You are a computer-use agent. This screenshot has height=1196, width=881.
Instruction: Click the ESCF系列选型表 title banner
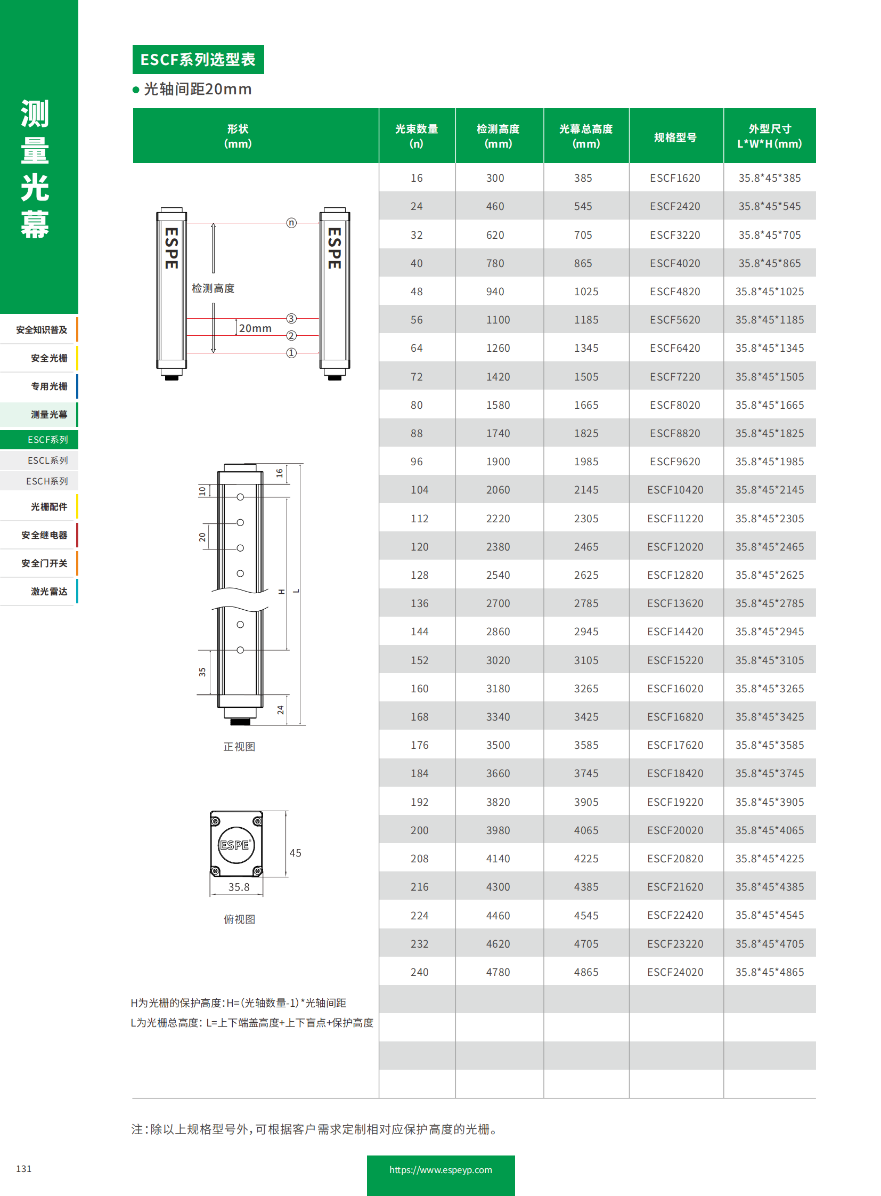(x=198, y=59)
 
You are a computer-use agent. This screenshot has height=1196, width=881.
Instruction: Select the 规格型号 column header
(x=675, y=137)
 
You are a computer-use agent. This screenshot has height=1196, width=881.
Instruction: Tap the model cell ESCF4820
(x=675, y=292)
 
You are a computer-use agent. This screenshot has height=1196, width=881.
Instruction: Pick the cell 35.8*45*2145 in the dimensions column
(x=769, y=489)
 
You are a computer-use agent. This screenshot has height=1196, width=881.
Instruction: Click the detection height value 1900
(x=497, y=461)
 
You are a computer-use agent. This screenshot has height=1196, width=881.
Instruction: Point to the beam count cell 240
(x=419, y=972)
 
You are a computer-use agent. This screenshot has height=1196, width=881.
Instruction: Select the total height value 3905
(x=585, y=802)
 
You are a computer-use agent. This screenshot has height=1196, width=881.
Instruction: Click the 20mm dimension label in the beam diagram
(x=255, y=328)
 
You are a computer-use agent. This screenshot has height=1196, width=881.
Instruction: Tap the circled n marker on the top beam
(x=291, y=223)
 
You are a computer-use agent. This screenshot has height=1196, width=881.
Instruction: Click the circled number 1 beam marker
(x=291, y=353)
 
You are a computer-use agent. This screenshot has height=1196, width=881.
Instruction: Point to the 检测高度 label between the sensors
(x=213, y=288)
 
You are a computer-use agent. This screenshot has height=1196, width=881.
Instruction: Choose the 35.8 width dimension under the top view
(x=239, y=887)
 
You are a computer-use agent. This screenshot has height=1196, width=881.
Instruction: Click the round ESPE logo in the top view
(x=235, y=845)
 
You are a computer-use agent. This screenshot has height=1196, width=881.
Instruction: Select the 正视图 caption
(x=239, y=747)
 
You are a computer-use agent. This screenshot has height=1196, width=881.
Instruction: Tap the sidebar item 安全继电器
(x=44, y=535)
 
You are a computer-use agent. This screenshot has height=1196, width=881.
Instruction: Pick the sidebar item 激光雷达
(x=48, y=591)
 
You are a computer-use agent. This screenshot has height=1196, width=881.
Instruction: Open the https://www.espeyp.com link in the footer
(x=440, y=1170)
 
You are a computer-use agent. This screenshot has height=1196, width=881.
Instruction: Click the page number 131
(x=24, y=1169)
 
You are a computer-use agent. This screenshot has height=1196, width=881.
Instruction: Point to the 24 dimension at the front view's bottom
(x=281, y=709)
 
